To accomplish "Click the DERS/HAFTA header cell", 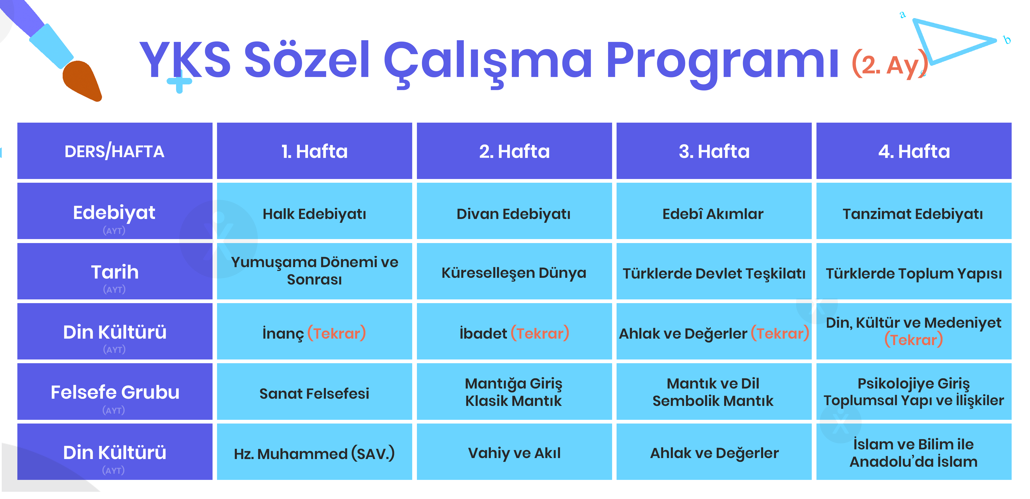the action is [x=115, y=151].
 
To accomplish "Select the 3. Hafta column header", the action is [x=714, y=151].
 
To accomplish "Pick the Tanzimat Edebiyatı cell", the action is [x=914, y=211].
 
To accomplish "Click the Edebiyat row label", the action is [x=115, y=211].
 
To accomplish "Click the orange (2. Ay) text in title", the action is [x=889, y=64].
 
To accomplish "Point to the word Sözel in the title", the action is [x=307, y=60].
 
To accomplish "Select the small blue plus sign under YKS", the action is [x=179, y=81].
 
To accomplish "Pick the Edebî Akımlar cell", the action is [x=714, y=211].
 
